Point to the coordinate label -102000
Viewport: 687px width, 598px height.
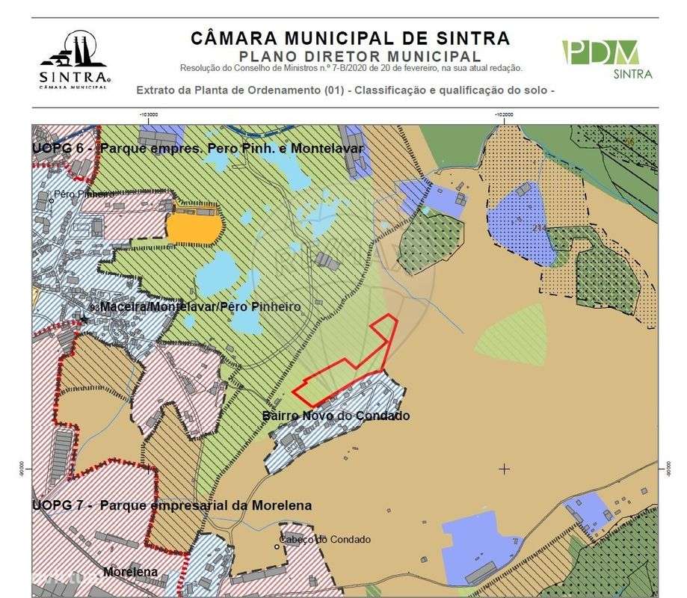pos(503,114)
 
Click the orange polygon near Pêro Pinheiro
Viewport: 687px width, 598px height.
pos(194,226)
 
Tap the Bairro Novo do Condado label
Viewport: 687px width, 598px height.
pos(336,416)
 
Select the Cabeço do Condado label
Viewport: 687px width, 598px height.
pos(324,540)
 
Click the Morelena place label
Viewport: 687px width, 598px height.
pos(130,573)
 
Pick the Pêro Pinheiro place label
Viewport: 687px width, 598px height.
pos(83,194)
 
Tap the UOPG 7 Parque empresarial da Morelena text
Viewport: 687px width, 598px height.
pos(172,505)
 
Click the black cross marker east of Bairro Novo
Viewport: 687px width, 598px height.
pos(505,469)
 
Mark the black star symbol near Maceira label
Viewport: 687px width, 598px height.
pos(84,319)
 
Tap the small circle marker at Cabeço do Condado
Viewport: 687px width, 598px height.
pos(277,546)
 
